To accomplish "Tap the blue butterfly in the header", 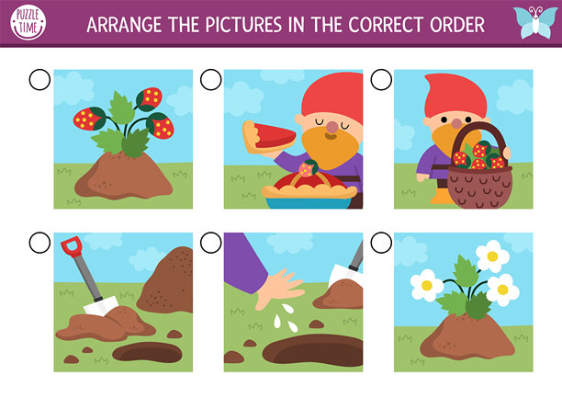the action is coord(535,22).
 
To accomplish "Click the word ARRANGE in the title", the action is coord(124,25).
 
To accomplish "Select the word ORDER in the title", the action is coord(457,25).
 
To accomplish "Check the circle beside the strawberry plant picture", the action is coord(39,80).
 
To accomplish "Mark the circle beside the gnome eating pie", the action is coord(211,80).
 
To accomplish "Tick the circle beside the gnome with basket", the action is coord(381,80).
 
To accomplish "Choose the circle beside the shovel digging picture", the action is coord(39,243).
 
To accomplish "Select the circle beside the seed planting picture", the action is coord(211,243).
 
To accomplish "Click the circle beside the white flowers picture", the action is coord(381,243).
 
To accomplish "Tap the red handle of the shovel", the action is coord(71,246).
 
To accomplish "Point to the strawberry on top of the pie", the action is coord(308,168).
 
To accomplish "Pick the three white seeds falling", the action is coord(286,318).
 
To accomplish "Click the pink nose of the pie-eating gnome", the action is coord(332,127).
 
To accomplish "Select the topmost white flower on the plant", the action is coord(492,256).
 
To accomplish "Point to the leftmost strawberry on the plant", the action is coord(90,119).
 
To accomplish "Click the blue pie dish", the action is coord(309,203).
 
